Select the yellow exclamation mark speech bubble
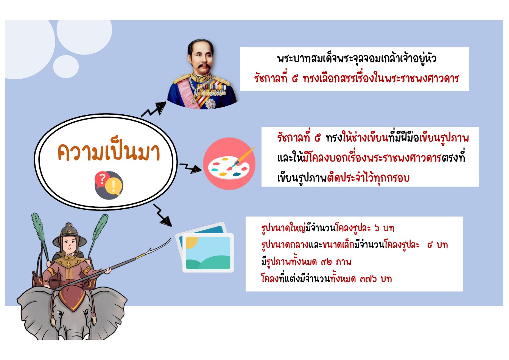pos(113,186)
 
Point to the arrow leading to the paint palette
pos(190,168)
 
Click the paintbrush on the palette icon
pos(240,158)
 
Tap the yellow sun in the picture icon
pos(192,242)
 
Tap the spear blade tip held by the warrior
pos(170,240)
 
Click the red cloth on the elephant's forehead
pos(72,298)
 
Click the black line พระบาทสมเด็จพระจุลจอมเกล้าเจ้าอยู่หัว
pos(356,59)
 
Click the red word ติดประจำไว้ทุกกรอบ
pos(368,178)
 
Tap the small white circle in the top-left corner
pos(66,67)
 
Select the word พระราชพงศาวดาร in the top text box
pos(422,78)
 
